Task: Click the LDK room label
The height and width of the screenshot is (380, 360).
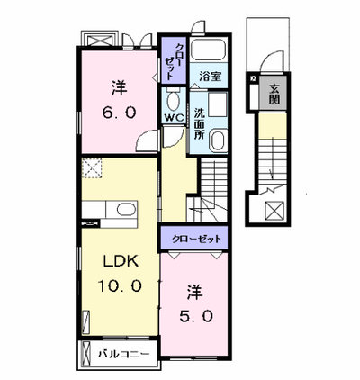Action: (121, 262)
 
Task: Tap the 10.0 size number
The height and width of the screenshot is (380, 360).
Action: (120, 286)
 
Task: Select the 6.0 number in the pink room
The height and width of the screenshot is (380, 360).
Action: (120, 113)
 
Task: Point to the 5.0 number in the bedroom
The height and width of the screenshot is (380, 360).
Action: (196, 316)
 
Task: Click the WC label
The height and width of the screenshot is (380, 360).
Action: (173, 118)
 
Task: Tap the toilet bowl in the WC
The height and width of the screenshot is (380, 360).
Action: (173, 100)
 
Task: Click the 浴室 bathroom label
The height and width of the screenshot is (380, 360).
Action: (211, 77)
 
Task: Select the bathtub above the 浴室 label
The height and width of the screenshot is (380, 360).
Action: (209, 49)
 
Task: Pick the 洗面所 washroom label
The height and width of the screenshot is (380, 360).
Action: (199, 123)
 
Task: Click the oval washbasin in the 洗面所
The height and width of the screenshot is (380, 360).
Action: (218, 141)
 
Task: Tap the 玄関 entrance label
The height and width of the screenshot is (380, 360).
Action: (274, 94)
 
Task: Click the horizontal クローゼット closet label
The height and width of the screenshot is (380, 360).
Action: (196, 239)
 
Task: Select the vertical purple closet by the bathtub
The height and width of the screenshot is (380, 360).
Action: (174, 60)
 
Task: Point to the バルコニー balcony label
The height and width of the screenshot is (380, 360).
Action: (123, 355)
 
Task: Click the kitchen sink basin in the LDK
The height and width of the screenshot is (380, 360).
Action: (126, 209)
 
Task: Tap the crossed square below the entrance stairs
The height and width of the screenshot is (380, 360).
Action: (274, 211)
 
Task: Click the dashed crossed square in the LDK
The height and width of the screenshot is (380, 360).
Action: (92, 168)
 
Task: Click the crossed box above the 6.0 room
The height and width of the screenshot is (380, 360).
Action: (100, 41)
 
